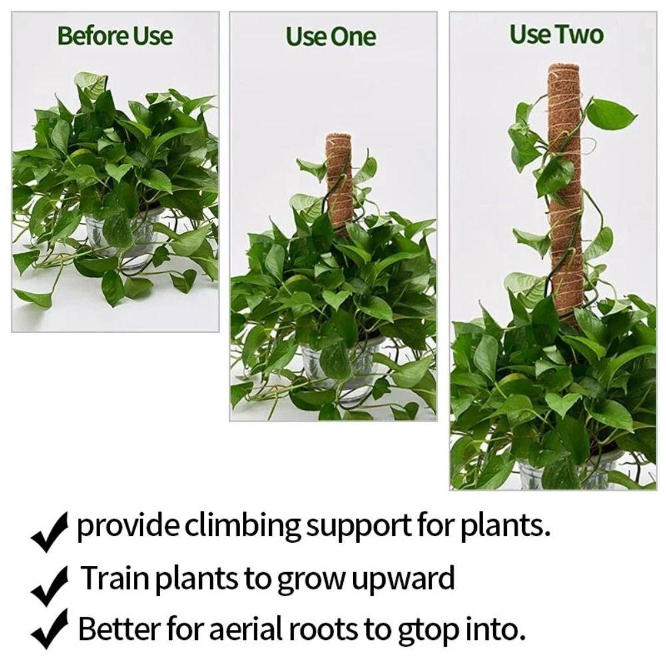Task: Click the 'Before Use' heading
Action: (115, 35)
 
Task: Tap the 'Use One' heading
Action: (331, 37)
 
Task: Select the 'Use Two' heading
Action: (556, 34)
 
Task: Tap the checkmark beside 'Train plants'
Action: (50, 583)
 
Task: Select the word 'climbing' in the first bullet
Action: (242, 527)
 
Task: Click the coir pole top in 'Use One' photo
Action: (338, 140)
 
